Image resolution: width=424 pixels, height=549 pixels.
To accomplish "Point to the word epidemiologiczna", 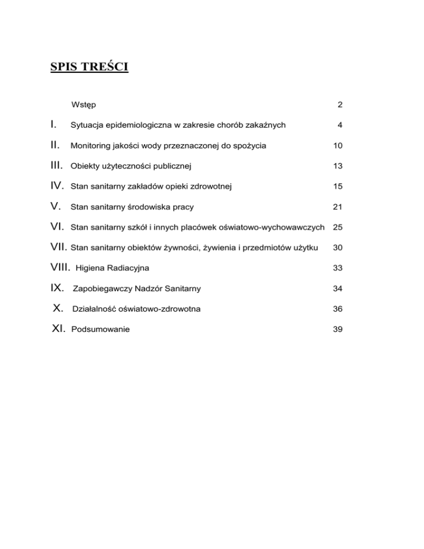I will (141, 125).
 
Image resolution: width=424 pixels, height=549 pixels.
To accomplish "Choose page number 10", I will (338, 146).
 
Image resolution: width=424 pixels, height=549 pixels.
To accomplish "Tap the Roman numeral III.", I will (57, 166).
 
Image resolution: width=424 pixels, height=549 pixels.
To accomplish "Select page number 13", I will (338, 166).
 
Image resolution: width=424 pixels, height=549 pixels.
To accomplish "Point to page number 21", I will (338, 207).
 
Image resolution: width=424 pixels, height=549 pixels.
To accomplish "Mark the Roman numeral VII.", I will (59, 247).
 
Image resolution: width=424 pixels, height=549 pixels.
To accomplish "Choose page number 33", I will (338, 268).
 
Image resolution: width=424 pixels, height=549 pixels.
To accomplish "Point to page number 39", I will (338, 329).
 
